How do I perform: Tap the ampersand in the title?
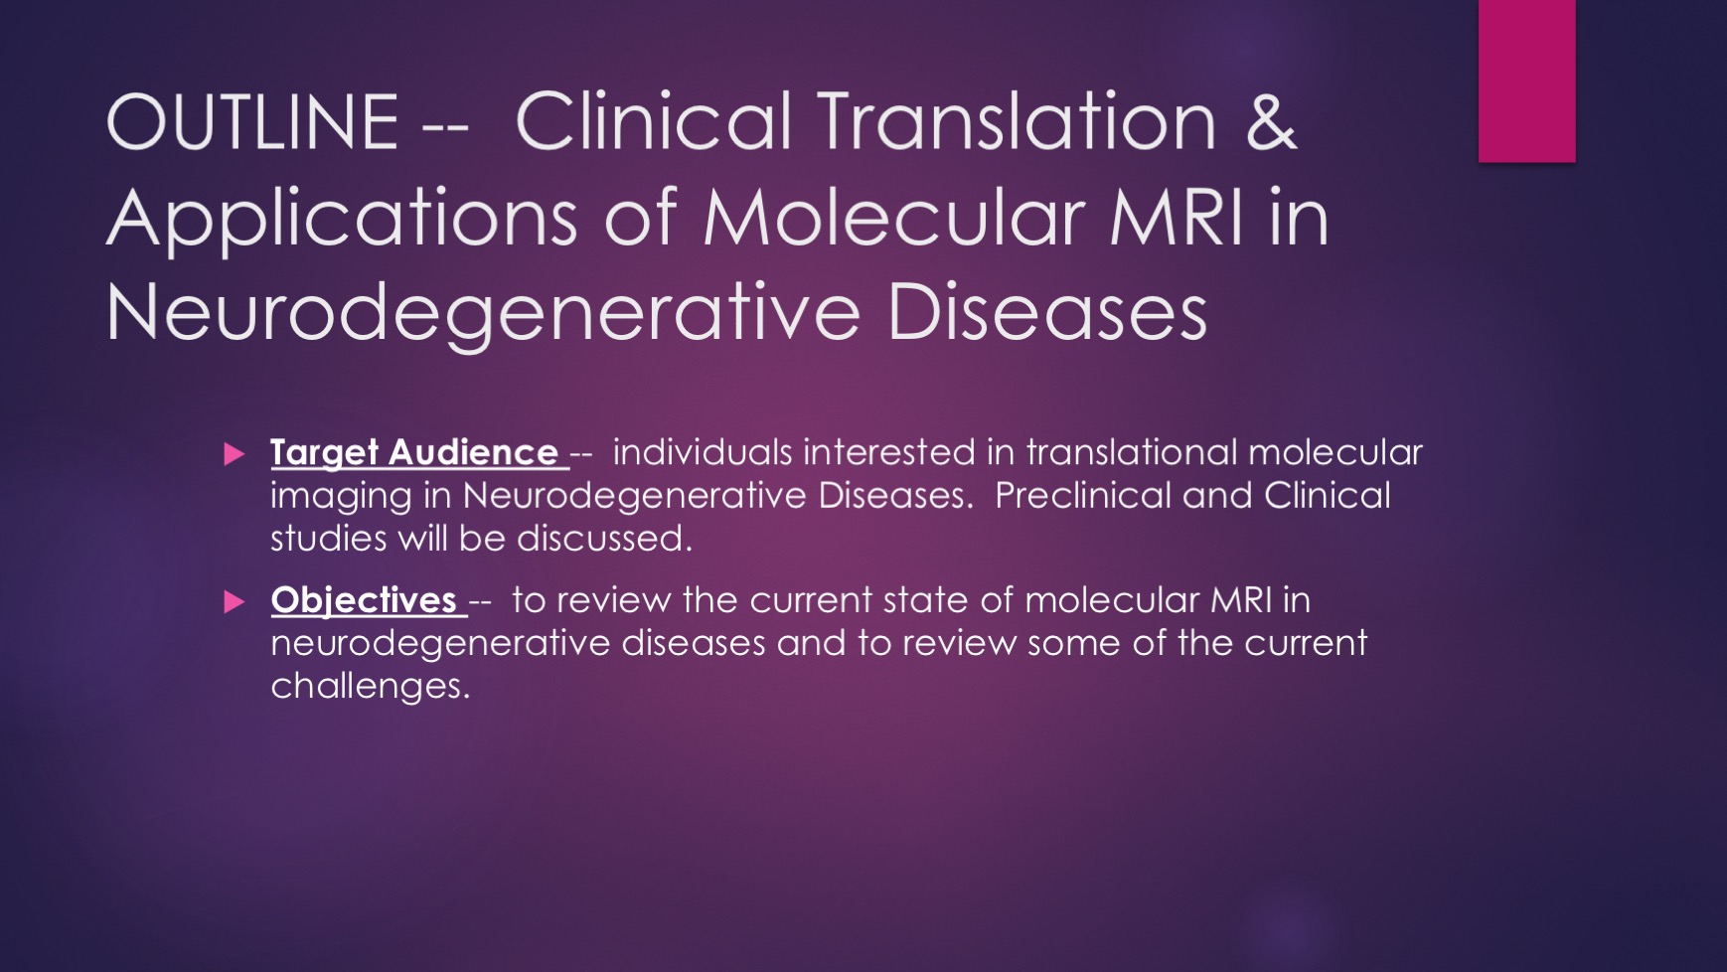(1270, 121)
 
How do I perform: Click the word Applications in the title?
(342, 219)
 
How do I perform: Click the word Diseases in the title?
(1047, 312)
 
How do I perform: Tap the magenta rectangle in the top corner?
(1526, 81)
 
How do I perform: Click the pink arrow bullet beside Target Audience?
(235, 454)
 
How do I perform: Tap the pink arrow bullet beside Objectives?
(235, 601)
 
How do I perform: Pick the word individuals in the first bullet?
(703, 452)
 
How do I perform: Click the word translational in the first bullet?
(1133, 452)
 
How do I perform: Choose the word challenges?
(371, 687)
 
